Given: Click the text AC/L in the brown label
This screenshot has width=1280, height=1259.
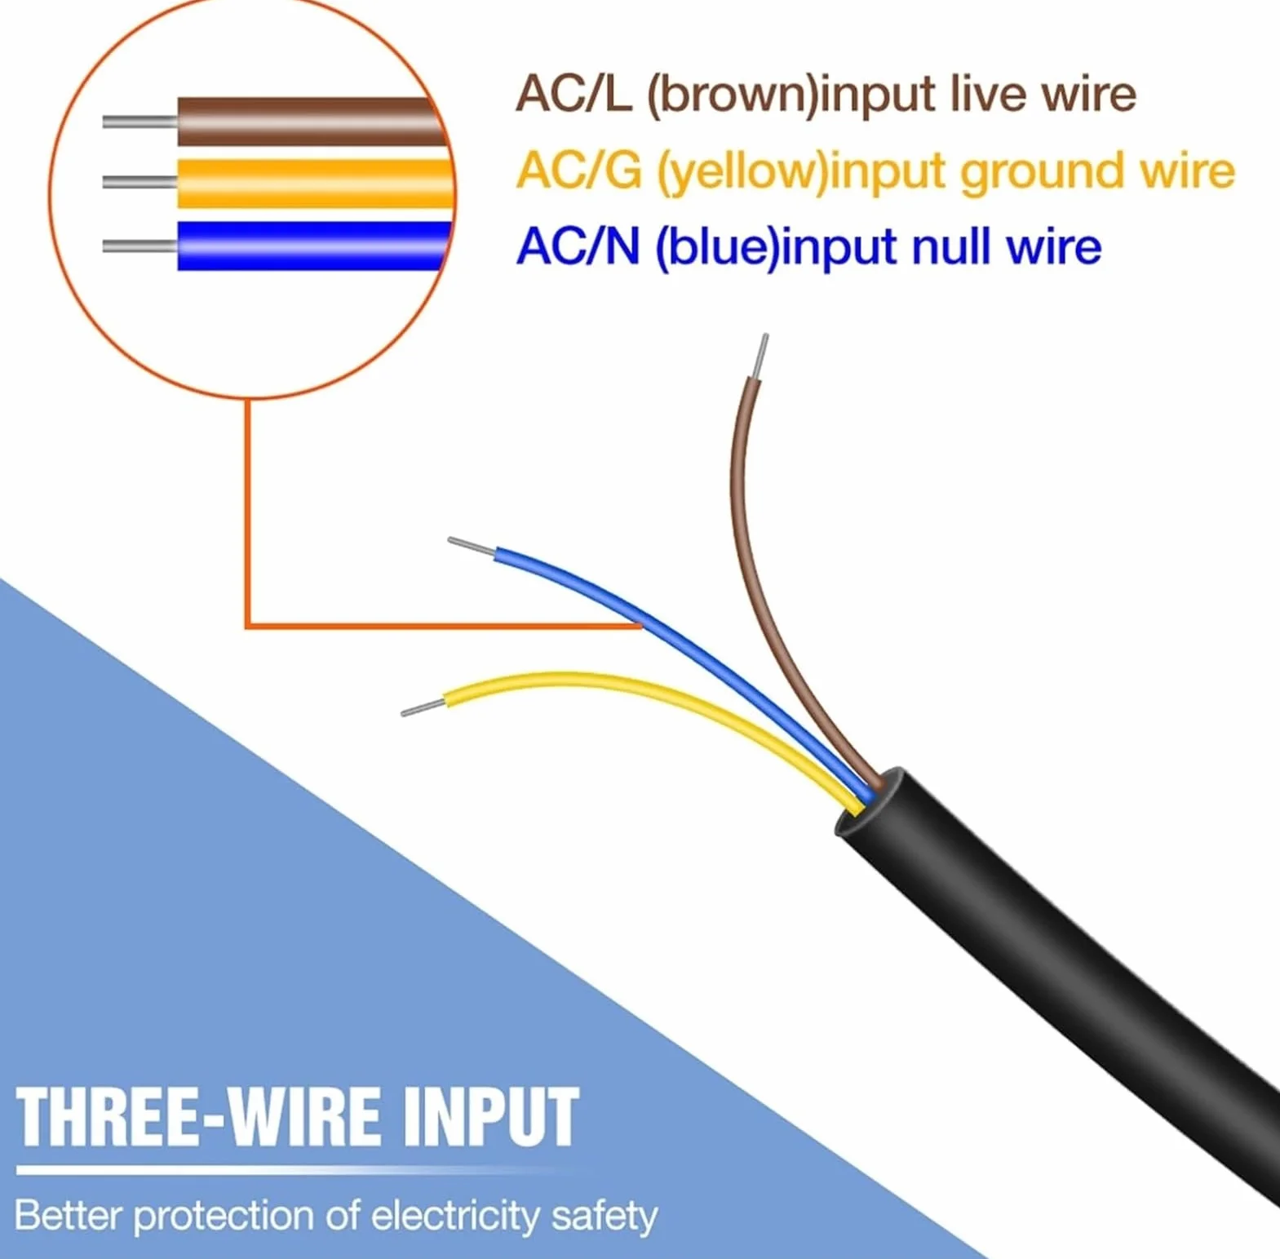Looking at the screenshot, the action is tap(574, 93).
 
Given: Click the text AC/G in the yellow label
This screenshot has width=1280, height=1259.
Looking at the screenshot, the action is tap(578, 171).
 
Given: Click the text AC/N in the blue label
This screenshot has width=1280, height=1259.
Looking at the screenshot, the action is tap(578, 246).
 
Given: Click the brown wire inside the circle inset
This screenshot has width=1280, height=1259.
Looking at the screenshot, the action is tap(310, 122).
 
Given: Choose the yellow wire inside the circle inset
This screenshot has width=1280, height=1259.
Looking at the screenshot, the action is tap(314, 183).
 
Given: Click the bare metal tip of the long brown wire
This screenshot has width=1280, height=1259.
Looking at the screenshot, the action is tap(762, 357).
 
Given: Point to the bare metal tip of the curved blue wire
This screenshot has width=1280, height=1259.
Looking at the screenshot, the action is tap(472, 547).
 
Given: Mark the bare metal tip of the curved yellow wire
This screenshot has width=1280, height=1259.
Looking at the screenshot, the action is tap(423, 707).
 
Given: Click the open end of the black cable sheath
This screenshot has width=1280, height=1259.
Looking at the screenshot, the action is tap(867, 803).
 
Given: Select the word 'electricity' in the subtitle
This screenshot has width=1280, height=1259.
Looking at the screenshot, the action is tap(455, 1216).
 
